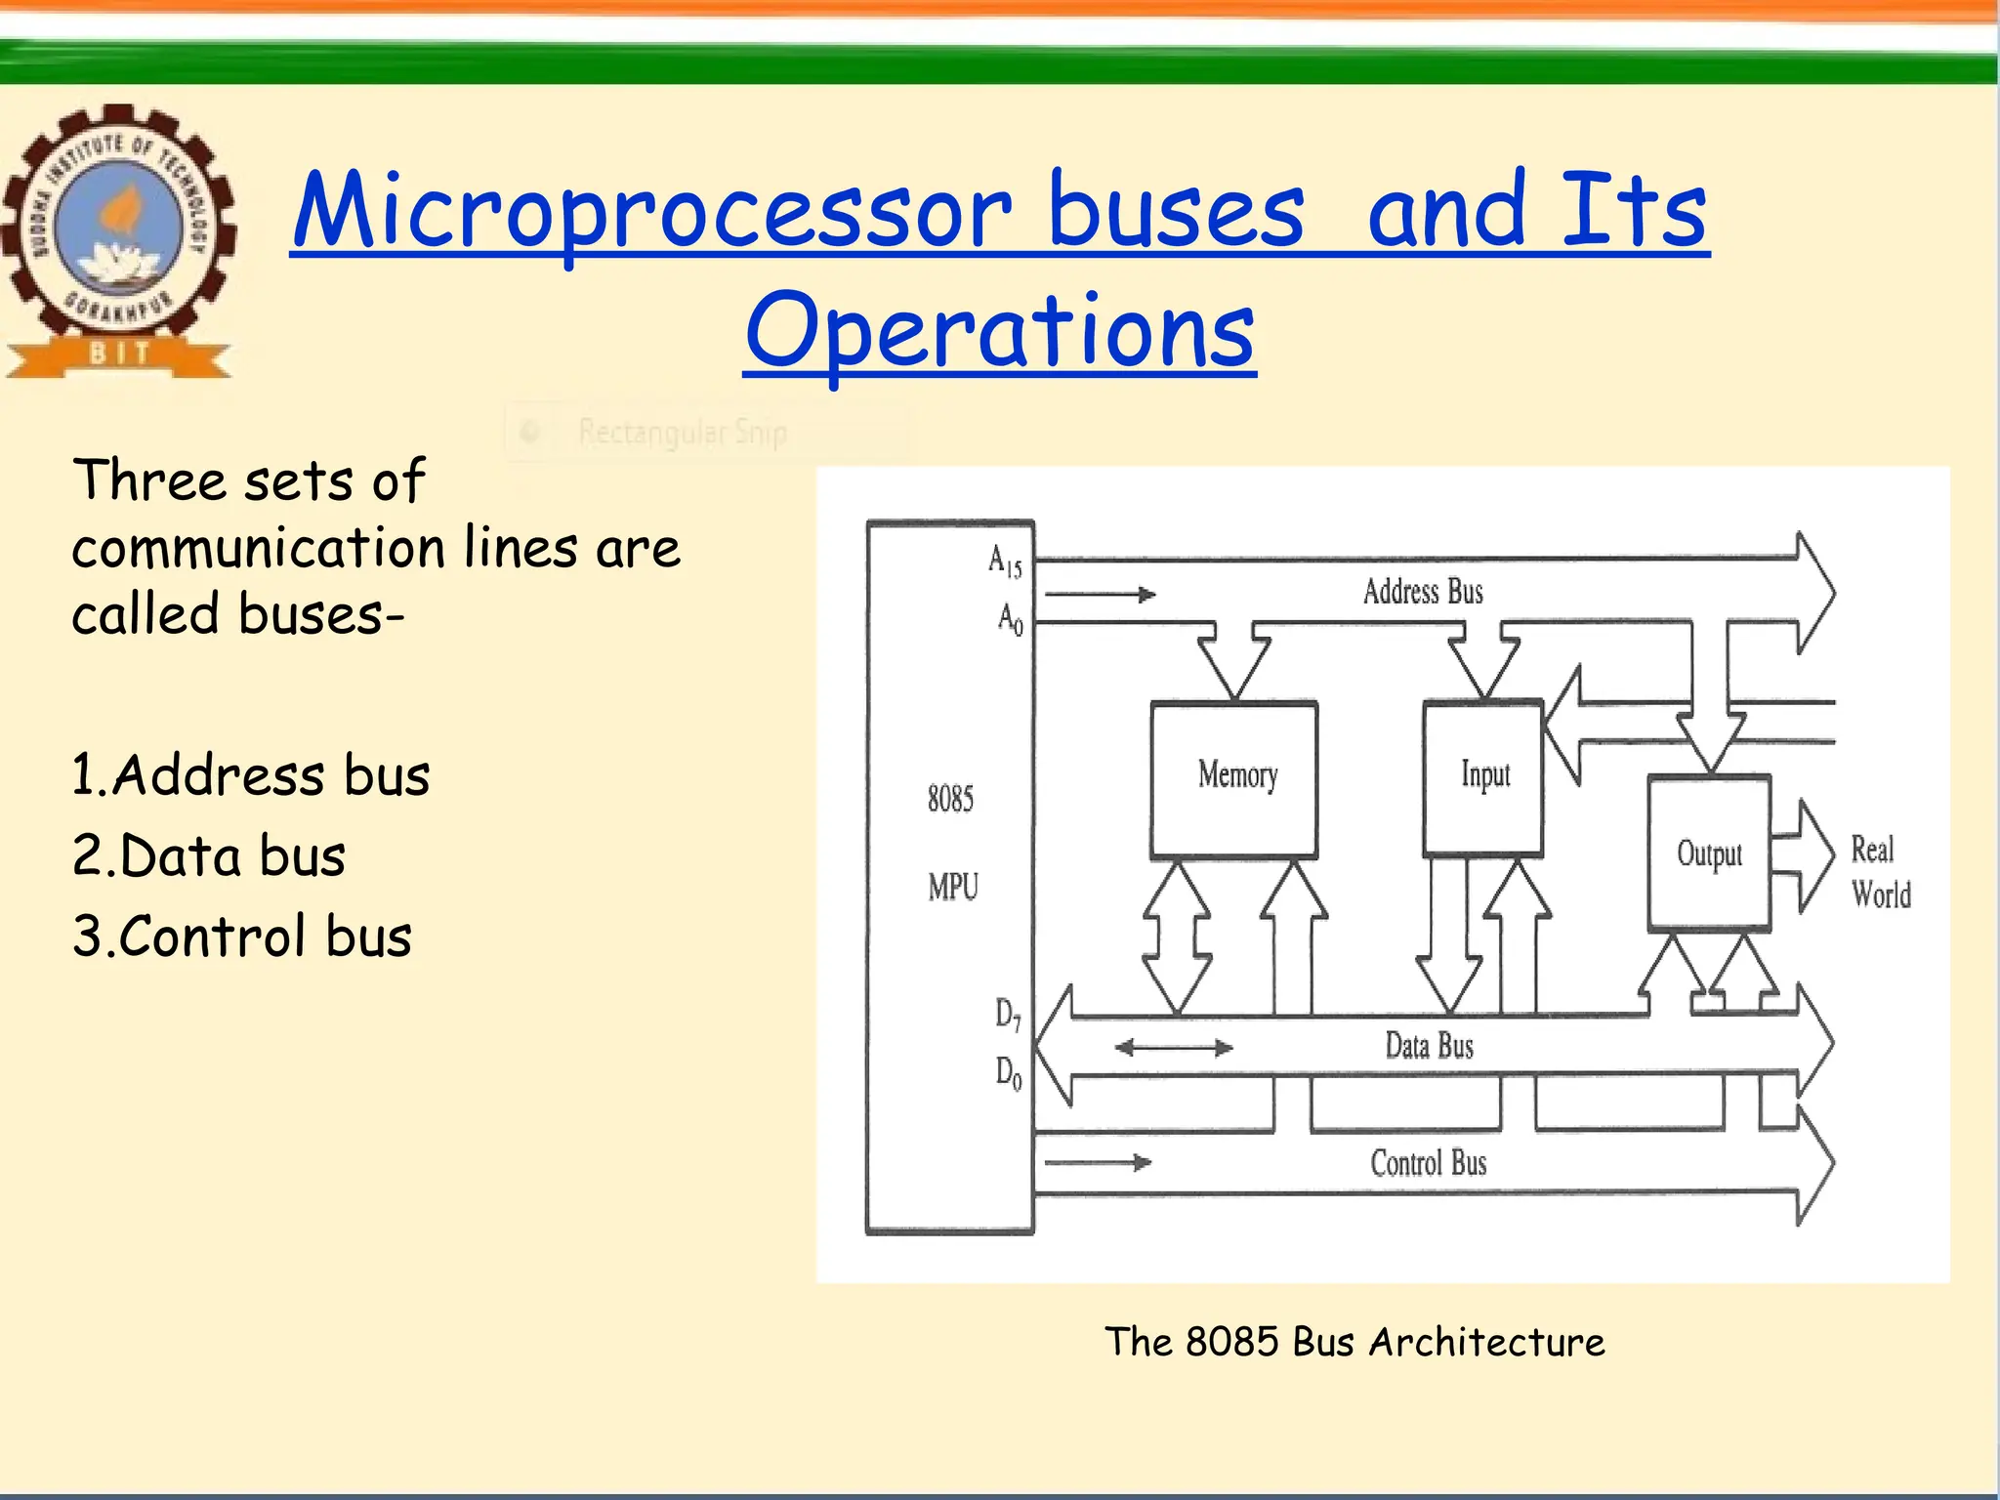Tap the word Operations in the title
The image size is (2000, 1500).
click(x=1000, y=332)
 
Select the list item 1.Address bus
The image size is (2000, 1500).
click(x=251, y=775)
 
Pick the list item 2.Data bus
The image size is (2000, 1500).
click(x=209, y=856)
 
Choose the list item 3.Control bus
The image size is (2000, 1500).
click(x=242, y=937)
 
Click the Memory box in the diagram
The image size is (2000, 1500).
click(x=1235, y=779)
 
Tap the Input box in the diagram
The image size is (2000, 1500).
click(x=1483, y=777)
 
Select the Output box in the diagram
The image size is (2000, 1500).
click(x=1709, y=853)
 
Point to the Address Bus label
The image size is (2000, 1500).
click(x=1423, y=592)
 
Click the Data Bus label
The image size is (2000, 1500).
click(x=1429, y=1047)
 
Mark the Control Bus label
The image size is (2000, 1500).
click(x=1429, y=1163)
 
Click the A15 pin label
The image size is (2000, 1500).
click(x=1005, y=562)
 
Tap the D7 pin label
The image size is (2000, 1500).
click(x=1008, y=1015)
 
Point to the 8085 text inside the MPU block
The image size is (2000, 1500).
click(x=950, y=799)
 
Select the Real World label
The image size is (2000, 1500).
click(x=1880, y=872)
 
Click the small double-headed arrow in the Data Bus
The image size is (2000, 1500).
click(x=1174, y=1048)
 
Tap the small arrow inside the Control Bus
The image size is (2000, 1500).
click(x=1099, y=1162)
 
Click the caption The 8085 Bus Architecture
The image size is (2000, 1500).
click(x=1354, y=1342)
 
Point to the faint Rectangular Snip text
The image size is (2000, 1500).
click(x=683, y=432)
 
